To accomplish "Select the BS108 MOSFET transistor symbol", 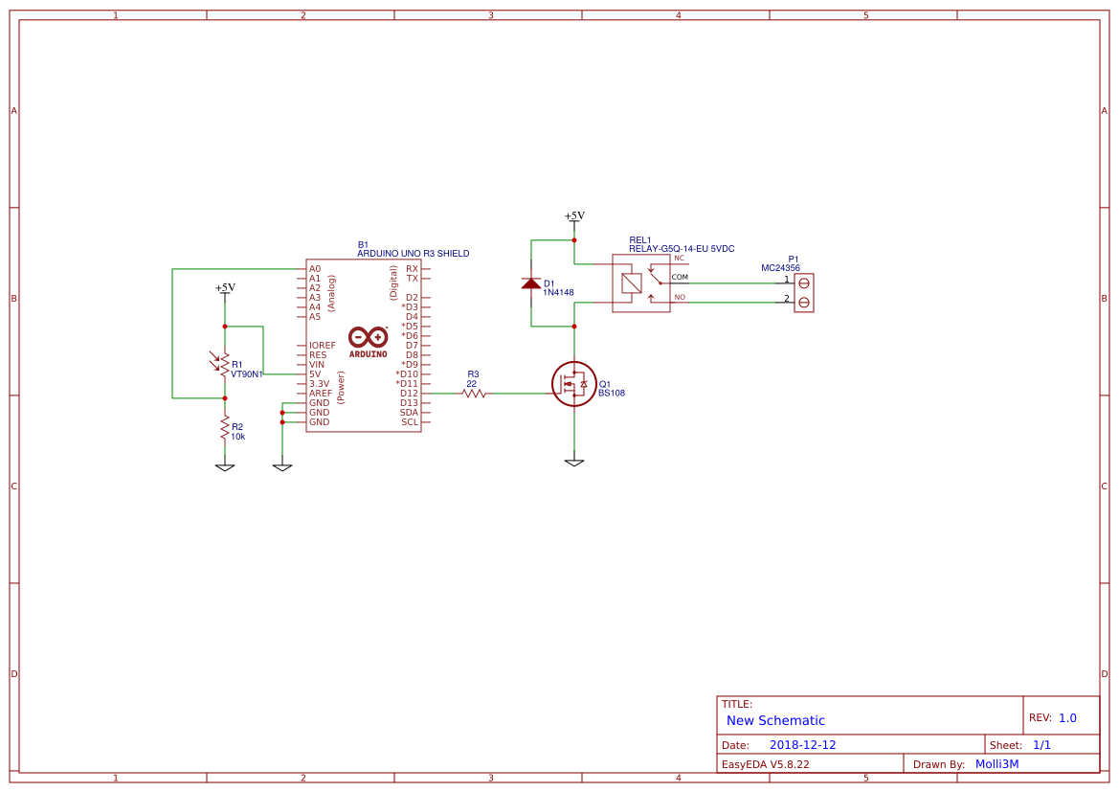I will pyautogui.click(x=573, y=384).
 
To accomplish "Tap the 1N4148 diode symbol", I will pyautogui.click(x=531, y=283).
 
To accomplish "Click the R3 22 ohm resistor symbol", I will pyautogui.click(x=473, y=393).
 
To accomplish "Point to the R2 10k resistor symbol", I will pyautogui.click(x=225, y=427).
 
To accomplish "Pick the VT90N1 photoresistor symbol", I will pyautogui.click(x=225, y=363).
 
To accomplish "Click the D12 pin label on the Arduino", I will pyautogui.click(x=409, y=393).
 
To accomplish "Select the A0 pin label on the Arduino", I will pyautogui.click(x=315, y=269).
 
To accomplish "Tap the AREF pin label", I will pyautogui.click(x=320, y=393).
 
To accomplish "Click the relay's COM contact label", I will pyautogui.click(x=680, y=278).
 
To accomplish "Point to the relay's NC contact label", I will pyautogui.click(x=679, y=259).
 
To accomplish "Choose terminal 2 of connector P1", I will pyautogui.click(x=804, y=303).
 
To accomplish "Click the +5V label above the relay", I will pyautogui.click(x=574, y=215).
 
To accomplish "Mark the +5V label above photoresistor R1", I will pyautogui.click(x=225, y=287).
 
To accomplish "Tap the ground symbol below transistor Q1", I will pyautogui.click(x=574, y=463).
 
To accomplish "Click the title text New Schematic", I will pyautogui.click(x=775, y=720).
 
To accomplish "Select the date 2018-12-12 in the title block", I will pyautogui.click(x=802, y=744).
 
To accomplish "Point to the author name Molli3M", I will pyautogui.click(x=996, y=763).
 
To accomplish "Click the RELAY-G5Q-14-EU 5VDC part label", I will pyautogui.click(x=682, y=249).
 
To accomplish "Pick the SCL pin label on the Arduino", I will pyautogui.click(x=410, y=421).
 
